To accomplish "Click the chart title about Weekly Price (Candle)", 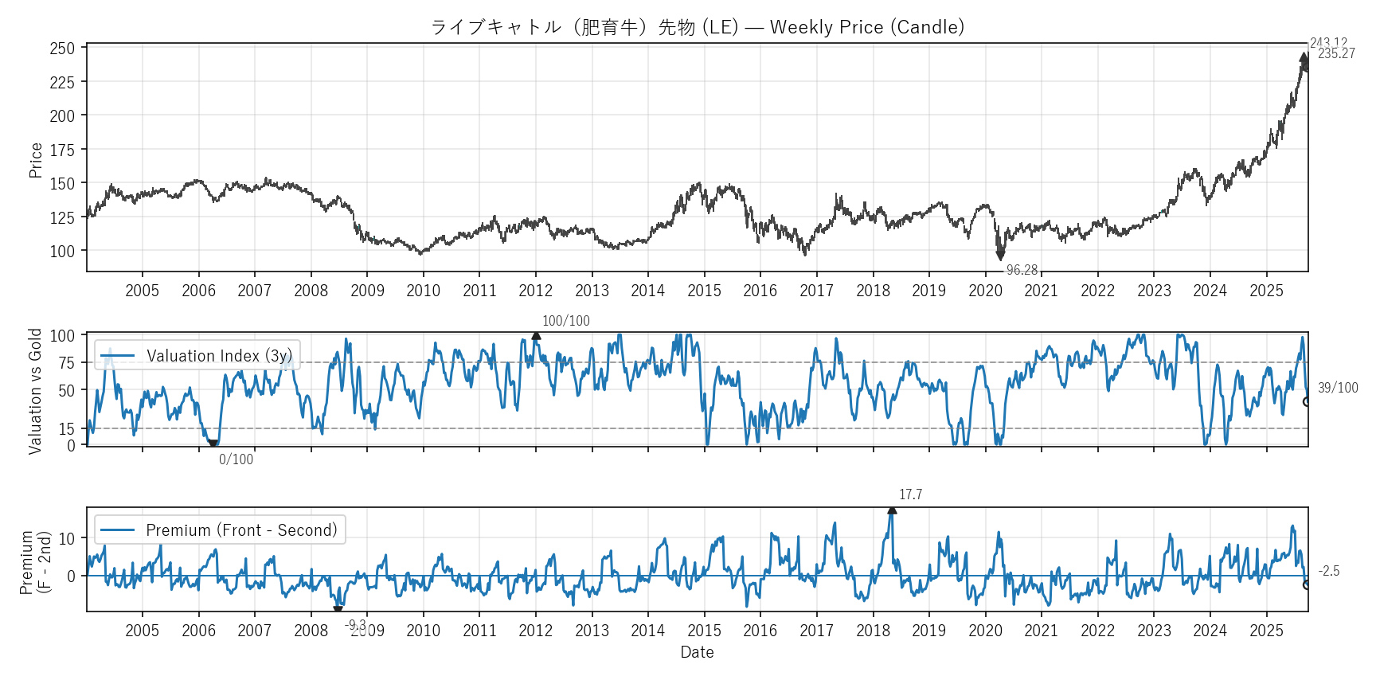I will [x=697, y=27].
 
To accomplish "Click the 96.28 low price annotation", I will [x=1022, y=271].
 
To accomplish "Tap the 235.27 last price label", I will [x=1336, y=54].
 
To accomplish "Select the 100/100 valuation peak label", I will [x=566, y=321].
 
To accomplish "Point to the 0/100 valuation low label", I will [x=236, y=459].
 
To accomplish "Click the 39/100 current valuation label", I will [x=1338, y=388].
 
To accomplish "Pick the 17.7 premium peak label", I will [x=910, y=494].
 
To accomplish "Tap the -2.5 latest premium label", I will [x=1329, y=571].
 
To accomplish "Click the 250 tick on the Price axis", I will [x=62, y=49].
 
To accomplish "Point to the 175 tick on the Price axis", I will [x=62, y=150].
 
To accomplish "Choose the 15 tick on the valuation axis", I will [x=66, y=428].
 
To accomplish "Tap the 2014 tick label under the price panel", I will [x=647, y=291].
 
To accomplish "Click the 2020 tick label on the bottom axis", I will [x=985, y=631].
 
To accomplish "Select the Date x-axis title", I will [x=697, y=652].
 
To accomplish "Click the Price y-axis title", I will [x=36, y=160].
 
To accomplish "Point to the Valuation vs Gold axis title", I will [x=35, y=391].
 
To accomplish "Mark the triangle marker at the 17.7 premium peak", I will [x=892, y=510].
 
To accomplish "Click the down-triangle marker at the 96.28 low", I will [x=1000, y=256].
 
